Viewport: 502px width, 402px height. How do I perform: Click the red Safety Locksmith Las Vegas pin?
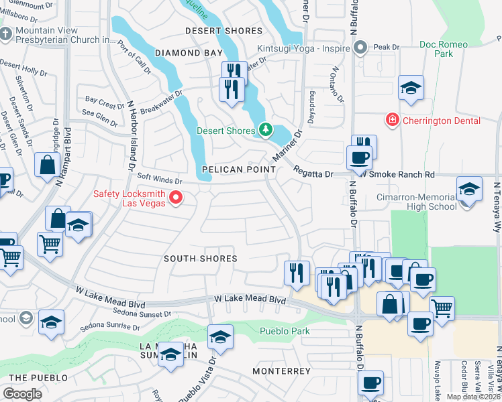(x=176, y=197)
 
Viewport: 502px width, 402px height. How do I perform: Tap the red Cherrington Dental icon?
(x=391, y=120)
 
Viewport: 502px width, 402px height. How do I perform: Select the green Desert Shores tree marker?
(x=266, y=130)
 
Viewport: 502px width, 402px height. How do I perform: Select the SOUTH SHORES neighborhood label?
(x=201, y=258)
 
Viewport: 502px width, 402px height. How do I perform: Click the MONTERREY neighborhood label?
(x=281, y=371)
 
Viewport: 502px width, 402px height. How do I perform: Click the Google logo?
(x=22, y=393)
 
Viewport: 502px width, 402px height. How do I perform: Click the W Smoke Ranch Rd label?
(x=396, y=174)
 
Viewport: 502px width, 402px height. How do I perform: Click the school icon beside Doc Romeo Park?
(x=411, y=88)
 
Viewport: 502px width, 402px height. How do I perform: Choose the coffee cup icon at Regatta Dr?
(x=358, y=158)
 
